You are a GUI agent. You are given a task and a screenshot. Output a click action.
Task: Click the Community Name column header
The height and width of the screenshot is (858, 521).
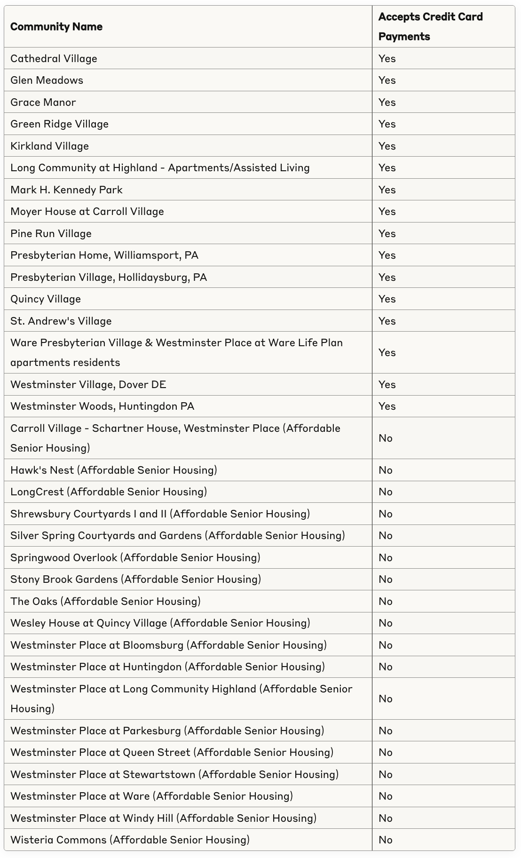[x=56, y=27]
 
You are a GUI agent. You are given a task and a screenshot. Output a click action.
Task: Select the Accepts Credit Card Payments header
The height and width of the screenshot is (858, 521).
[x=430, y=27]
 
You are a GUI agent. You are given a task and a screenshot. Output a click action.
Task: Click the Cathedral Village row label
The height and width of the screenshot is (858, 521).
[x=54, y=59]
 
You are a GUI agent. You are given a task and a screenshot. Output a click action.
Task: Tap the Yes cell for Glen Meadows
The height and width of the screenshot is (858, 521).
[x=387, y=80]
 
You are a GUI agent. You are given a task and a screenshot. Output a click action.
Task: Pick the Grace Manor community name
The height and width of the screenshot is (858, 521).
[x=43, y=103]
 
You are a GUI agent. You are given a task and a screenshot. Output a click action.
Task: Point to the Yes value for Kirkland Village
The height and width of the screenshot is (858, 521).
[x=387, y=146]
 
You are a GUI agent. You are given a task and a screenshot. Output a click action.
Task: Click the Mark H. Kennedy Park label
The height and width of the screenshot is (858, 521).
[x=66, y=190]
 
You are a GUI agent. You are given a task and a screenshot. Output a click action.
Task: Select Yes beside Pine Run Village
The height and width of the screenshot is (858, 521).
[x=387, y=234]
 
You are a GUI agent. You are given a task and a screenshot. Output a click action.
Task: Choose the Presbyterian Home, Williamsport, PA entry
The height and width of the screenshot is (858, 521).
[x=104, y=255]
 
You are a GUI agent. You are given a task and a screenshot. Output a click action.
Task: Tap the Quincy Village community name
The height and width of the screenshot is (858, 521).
[x=46, y=299]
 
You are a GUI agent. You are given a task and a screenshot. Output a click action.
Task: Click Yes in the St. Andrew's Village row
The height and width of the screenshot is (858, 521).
[x=387, y=321]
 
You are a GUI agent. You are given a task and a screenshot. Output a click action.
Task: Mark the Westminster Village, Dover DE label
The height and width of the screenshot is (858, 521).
[x=88, y=385]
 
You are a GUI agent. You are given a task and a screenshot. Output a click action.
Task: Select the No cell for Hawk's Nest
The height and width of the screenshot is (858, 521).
[x=386, y=470]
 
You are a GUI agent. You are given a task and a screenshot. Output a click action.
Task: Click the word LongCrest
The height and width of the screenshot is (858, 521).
[x=37, y=492]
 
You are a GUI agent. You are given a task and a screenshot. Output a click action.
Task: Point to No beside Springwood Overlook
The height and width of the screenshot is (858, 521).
[x=386, y=558]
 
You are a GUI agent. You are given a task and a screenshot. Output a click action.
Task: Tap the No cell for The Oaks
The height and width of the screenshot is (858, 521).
[x=386, y=602]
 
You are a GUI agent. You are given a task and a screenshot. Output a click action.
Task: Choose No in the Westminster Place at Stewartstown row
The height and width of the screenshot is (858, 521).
[x=386, y=775]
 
